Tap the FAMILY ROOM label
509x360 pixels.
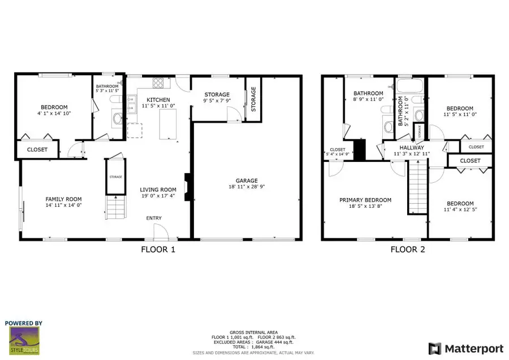63,199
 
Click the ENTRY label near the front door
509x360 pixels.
154,218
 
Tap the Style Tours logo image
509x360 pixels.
24,341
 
